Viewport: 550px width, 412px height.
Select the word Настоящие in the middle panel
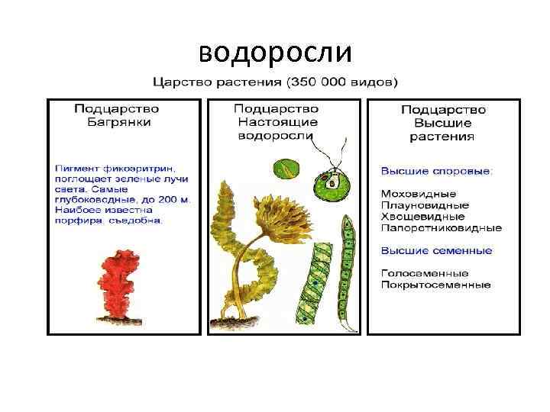276,122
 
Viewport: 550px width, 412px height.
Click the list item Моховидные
419,194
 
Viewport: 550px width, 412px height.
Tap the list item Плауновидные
425,205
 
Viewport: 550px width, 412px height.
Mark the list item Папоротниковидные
442,227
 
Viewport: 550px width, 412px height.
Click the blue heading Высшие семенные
436,250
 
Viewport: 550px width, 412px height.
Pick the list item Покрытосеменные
435,285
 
